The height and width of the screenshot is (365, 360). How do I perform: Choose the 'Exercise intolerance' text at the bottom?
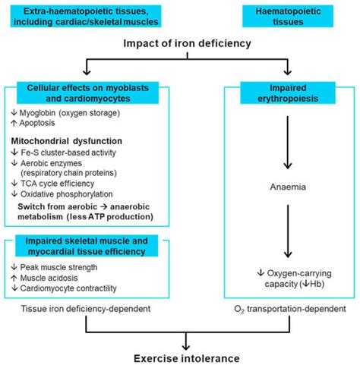[179, 357]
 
